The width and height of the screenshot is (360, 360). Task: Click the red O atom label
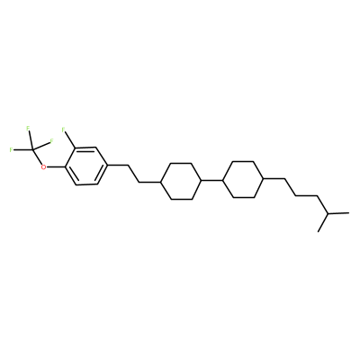point(44,166)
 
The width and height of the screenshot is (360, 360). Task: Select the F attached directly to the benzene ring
point(63,130)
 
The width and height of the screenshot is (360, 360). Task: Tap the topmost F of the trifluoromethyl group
point(28,129)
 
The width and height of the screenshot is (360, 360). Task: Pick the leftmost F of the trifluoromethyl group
point(12,149)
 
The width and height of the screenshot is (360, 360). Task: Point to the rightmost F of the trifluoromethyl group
point(51,140)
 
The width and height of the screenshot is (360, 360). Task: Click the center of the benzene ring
point(86,166)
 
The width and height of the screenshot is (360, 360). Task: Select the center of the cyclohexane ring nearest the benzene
point(181,181)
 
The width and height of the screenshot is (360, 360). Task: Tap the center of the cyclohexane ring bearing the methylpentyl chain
point(244,179)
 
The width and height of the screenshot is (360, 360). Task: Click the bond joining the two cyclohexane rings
point(212,180)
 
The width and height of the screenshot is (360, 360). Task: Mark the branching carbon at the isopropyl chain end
point(328,214)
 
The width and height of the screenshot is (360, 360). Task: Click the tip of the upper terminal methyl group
point(349,212)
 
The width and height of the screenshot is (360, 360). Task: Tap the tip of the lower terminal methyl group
point(318,231)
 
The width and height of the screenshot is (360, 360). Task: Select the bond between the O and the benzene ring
point(57,166)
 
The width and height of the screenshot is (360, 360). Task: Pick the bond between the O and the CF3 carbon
point(37,157)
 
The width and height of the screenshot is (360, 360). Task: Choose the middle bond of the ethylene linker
point(133,174)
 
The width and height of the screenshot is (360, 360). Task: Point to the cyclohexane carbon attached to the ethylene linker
point(161,182)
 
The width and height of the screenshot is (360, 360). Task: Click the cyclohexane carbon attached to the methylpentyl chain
point(264,179)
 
